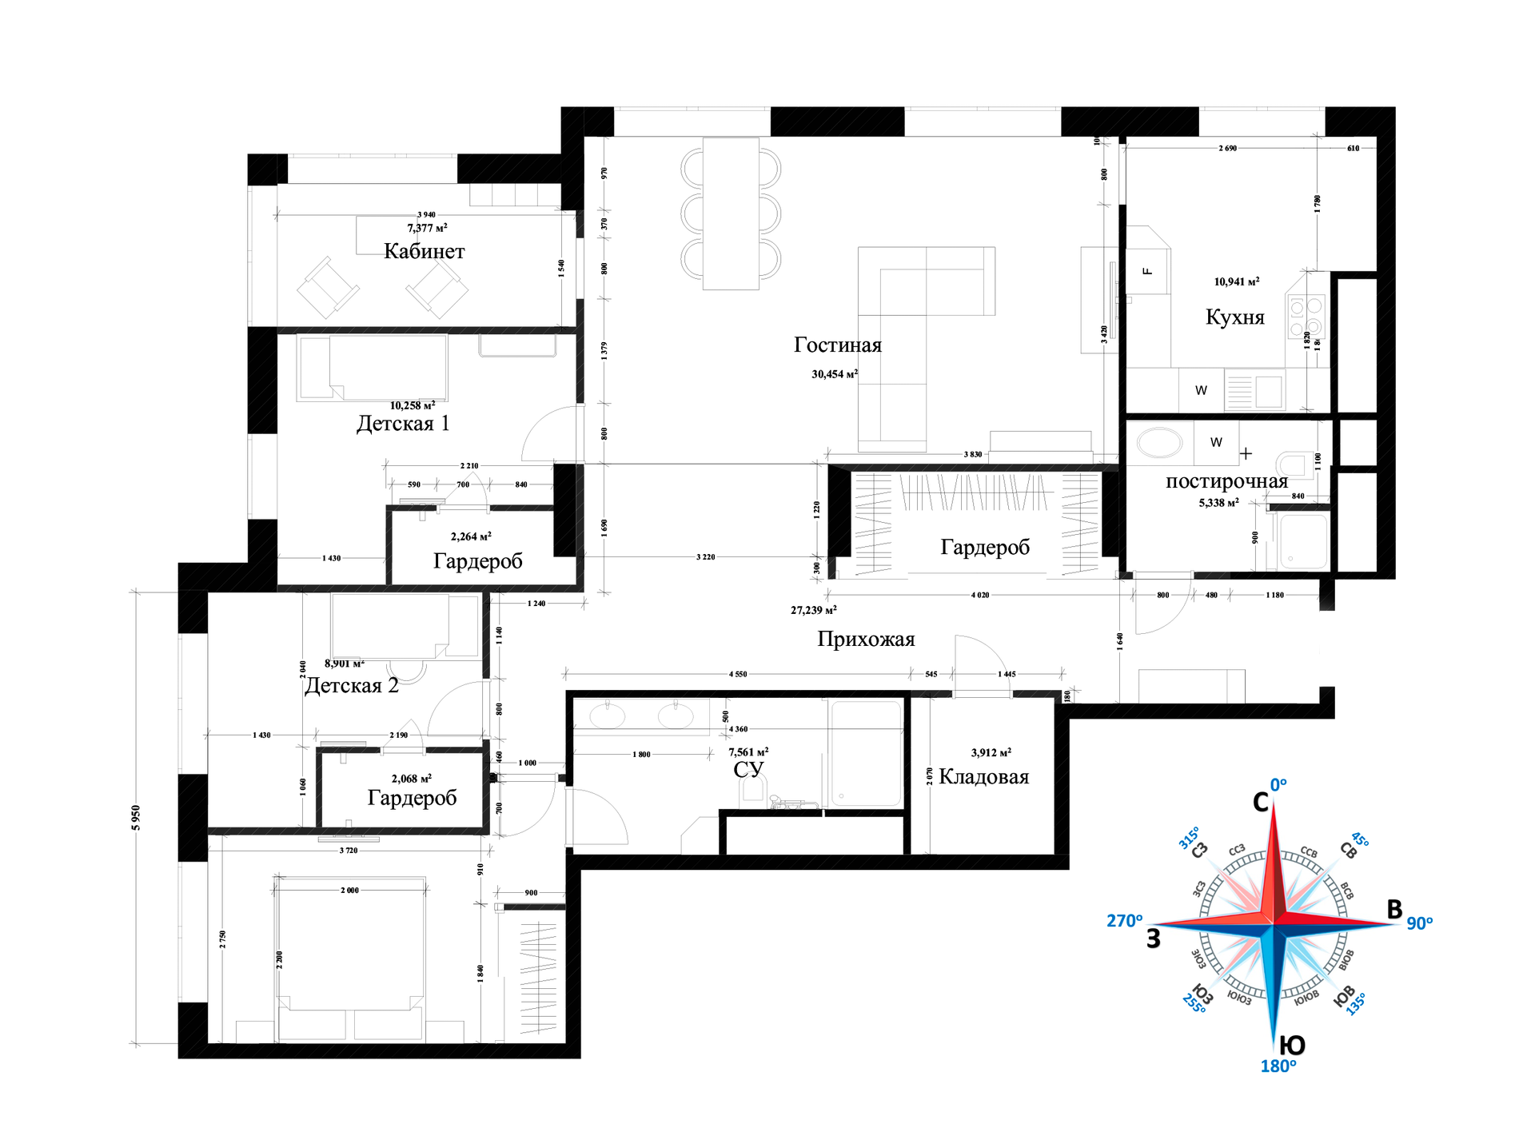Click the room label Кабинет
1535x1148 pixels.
tap(424, 252)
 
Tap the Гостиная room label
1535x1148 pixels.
tap(837, 345)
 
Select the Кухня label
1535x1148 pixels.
tap(1234, 317)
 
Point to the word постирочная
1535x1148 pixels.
tap(1226, 481)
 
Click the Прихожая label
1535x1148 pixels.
tap(866, 639)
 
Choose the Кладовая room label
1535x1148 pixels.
tap(983, 777)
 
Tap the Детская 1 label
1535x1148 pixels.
tap(403, 424)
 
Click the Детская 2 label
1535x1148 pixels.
tap(352, 686)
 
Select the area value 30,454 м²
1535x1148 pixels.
tap(835, 374)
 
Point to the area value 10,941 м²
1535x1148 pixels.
tap(1237, 281)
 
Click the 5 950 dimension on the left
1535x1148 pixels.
tap(136, 818)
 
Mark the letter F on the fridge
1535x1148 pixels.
tap(1148, 271)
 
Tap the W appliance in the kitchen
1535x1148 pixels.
tap(1201, 390)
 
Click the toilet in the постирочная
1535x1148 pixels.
tap(1293, 463)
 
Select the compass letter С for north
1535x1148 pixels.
tap(1260, 803)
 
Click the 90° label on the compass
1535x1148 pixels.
tap(1420, 923)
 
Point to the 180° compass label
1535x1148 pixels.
tap(1278, 1066)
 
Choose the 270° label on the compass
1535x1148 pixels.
tap(1124, 921)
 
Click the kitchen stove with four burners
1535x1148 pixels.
tap(1305, 316)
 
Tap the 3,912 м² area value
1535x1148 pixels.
tap(991, 752)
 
